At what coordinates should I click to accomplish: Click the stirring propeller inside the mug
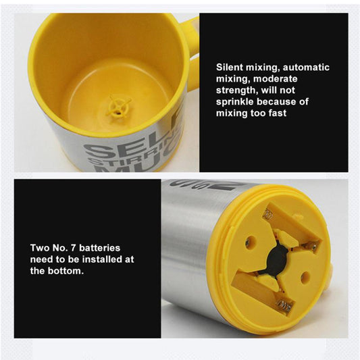pyautogui.click(x=119, y=107)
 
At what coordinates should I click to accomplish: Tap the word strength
pyautogui.click(x=237, y=91)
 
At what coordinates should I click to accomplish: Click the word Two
pyautogui.click(x=40, y=248)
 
